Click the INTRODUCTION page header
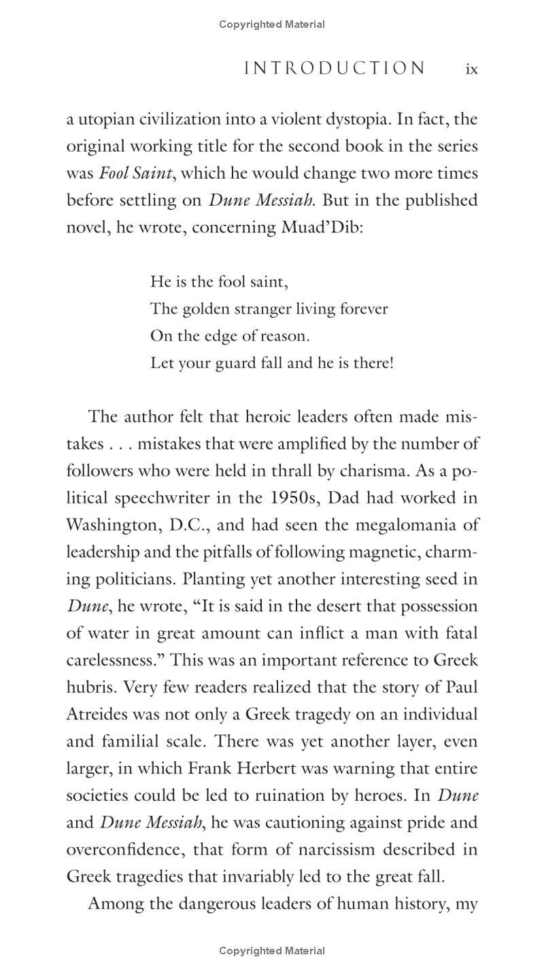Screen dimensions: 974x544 pyautogui.click(x=335, y=69)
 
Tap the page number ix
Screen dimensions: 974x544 pyautogui.click(x=471, y=69)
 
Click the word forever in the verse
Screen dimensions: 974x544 pyautogui.click(x=364, y=309)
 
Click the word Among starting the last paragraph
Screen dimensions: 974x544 pyautogui.click(x=116, y=904)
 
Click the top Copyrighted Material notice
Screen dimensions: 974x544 pyautogui.click(x=272, y=24)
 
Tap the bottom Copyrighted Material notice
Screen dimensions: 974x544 pyautogui.click(x=272, y=951)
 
